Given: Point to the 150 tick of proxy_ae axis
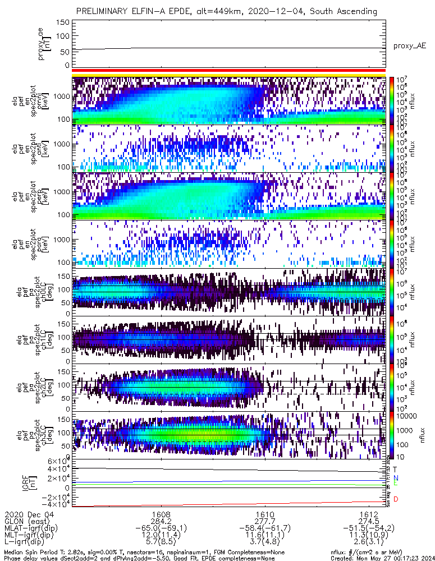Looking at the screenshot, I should click(63, 22).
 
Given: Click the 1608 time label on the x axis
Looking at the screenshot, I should click(161, 514).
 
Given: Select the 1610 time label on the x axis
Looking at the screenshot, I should click(265, 514).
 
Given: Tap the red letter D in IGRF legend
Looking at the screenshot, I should click(396, 499).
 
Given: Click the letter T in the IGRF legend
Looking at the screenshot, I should click(396, 469).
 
